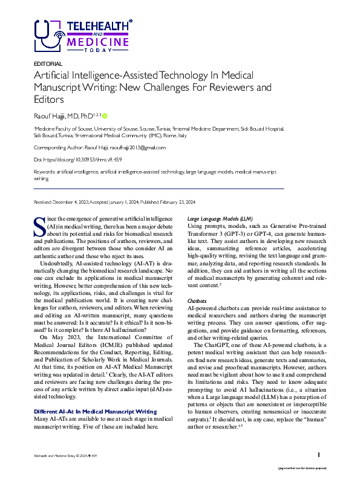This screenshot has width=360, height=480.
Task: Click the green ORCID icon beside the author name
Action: (x=105, y=115)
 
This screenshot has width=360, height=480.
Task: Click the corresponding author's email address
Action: (x=138, y=147)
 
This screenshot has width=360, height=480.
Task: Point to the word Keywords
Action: (x=45, y=172)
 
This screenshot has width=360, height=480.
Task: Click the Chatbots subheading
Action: (x=198, y=300)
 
